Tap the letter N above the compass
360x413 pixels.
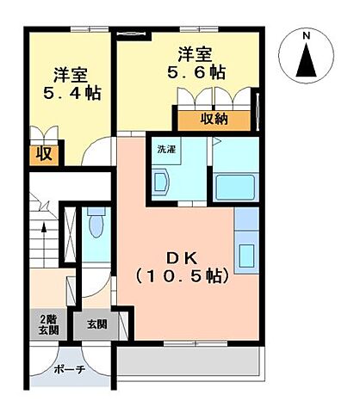(307, 35)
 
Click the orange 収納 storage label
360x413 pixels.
(215, 119)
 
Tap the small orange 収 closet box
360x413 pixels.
(41, 156)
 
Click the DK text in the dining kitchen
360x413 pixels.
(180, 256)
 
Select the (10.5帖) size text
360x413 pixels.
(181, 276)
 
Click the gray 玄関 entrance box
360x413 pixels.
(96, 325)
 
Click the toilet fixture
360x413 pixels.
(96, 226)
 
